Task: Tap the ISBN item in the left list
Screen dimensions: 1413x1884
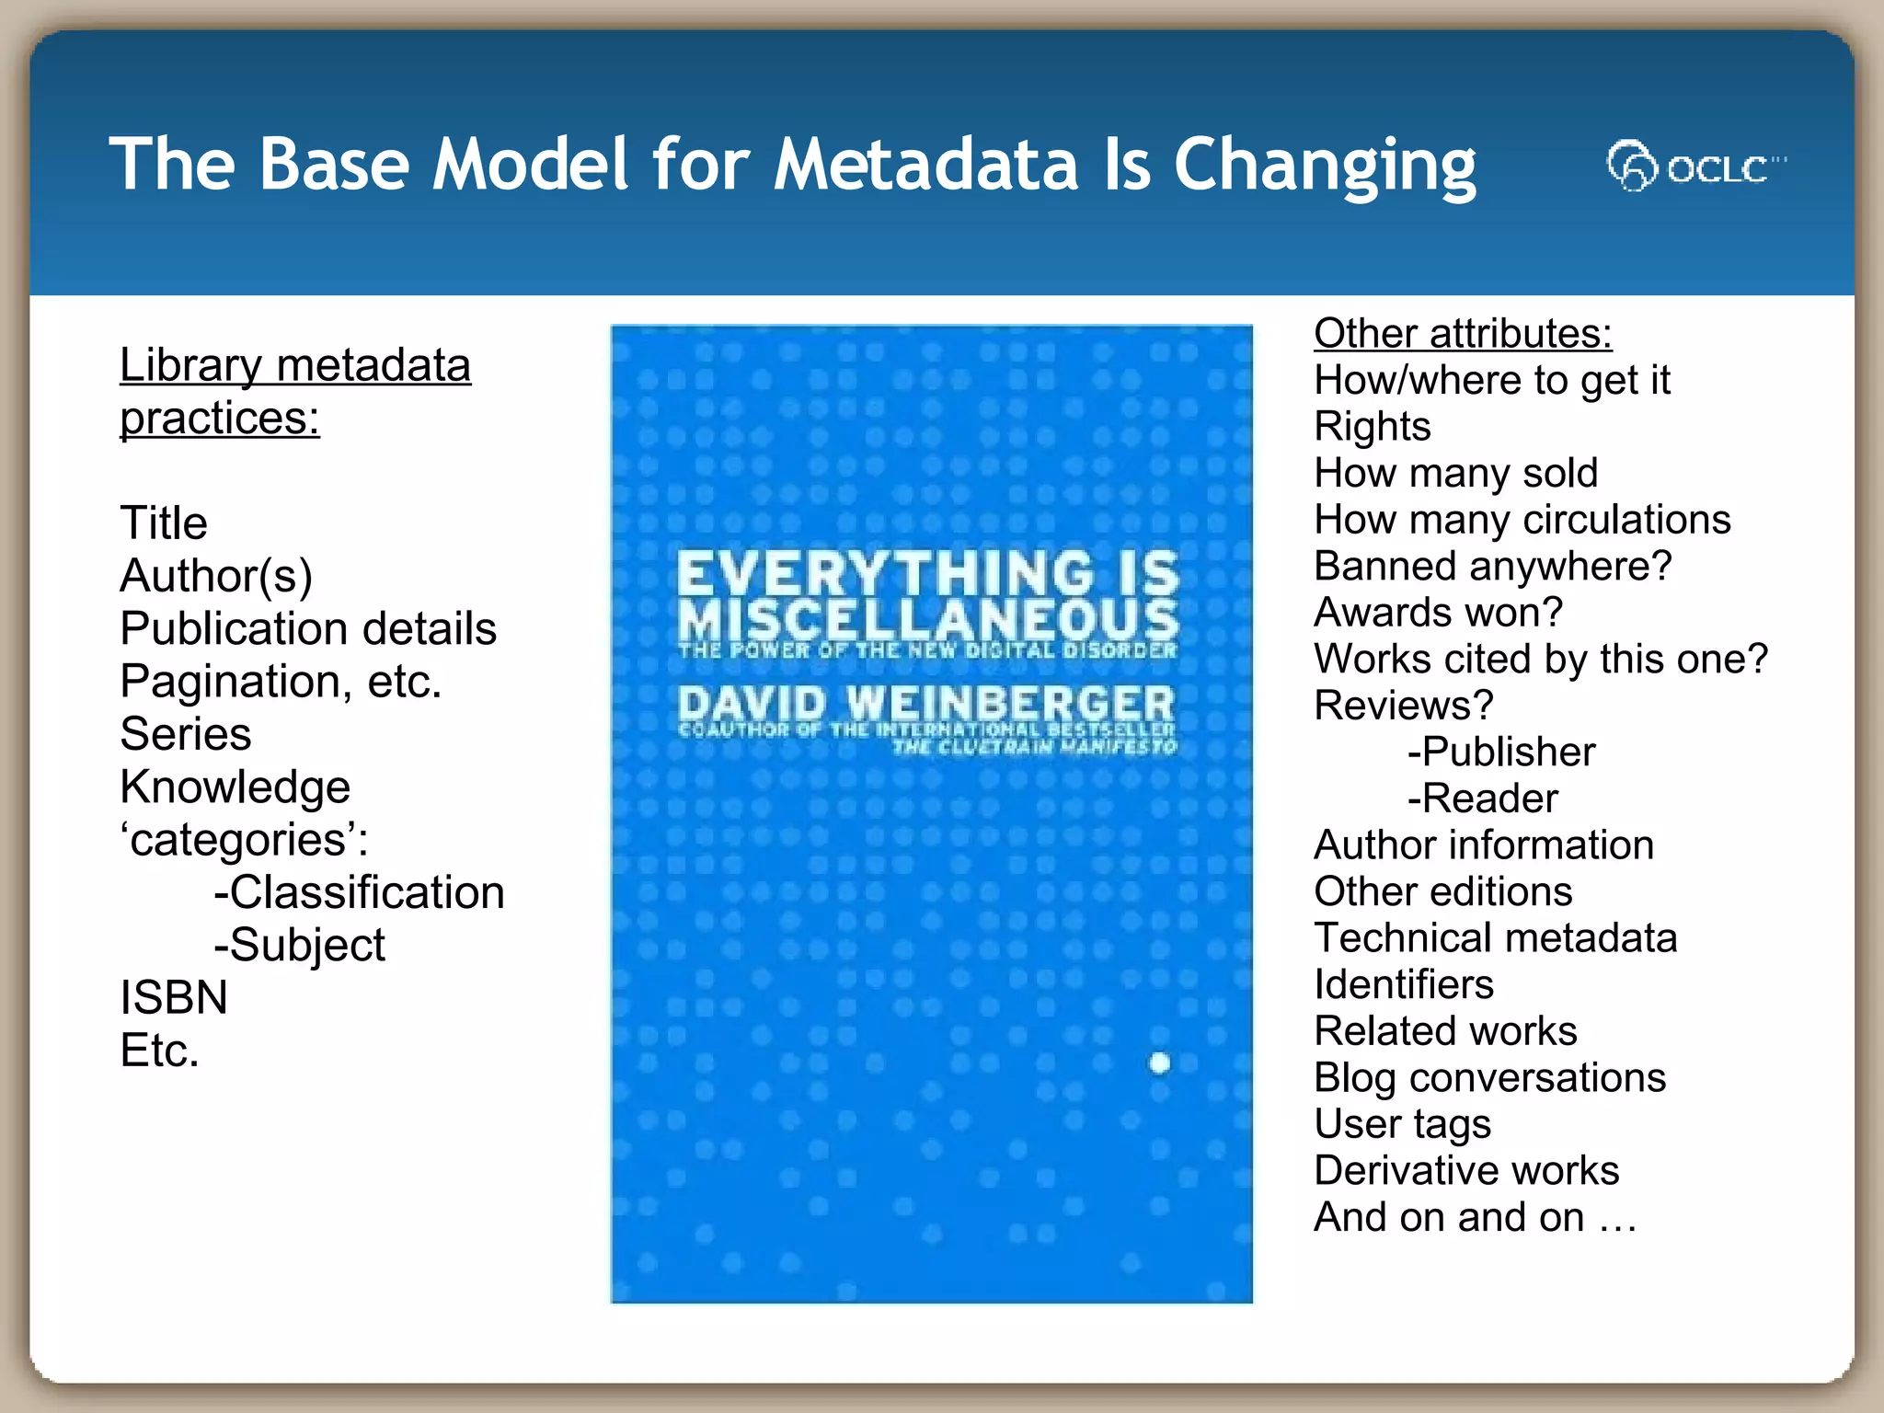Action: [x=174, y=998]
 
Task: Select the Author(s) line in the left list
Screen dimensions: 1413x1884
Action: [x=216, y=577]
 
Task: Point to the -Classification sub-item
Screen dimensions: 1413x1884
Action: [x=359, y=892]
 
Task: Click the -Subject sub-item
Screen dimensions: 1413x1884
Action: [x=299, y=946]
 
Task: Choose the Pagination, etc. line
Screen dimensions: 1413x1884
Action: [x=281, y=682]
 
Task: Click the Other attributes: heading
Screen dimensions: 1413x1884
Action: [x=1462, y=333]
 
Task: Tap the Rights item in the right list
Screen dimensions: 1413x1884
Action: [x=1372, y=427]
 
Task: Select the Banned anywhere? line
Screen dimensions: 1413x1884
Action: [x=1492, y=566]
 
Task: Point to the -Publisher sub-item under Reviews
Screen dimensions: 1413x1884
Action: [x=1501, y=752]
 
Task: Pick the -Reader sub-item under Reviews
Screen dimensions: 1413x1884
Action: [x=1482, y=798]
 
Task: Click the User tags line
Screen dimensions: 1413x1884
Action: [x=1402, y=1124]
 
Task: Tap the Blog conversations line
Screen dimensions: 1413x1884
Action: [x=1489, y=1077]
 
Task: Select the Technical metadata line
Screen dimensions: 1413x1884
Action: [x=1495, y=938]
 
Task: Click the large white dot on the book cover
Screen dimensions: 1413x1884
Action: [x=1159, y=1063]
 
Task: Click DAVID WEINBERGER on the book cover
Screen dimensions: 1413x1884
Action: [x=926, y=706]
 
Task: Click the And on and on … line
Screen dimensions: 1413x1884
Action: [x=1475, y=1218]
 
